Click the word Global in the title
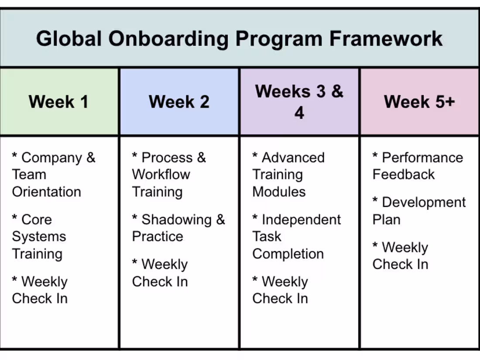point(69,38)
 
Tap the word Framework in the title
point(386,38)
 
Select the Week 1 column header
point(59,102)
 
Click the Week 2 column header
point(179,102)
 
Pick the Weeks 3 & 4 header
point(299,102)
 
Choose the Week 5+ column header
point(419,102)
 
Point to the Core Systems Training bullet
point(39,237)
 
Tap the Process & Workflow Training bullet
point(168,175)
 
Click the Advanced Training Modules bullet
point(288,175)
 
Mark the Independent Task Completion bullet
point(296,237)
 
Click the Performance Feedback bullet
point(417,166)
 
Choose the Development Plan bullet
point(419,211)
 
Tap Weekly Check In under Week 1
point(40,290)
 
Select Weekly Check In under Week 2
point(160,273)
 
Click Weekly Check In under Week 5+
point(400,256)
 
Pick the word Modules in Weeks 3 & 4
point(279,192)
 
